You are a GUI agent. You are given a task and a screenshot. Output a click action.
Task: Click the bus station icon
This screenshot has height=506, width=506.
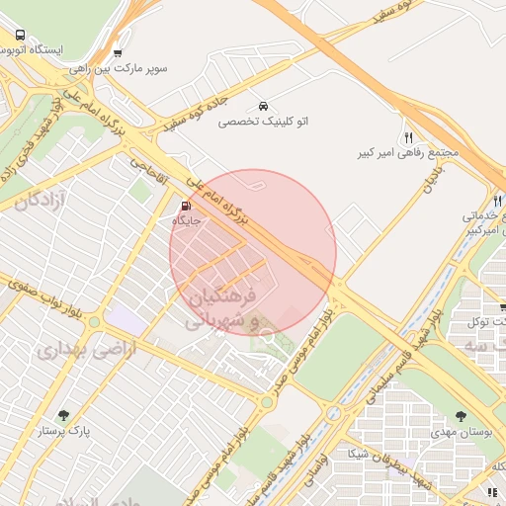tap(21, 36)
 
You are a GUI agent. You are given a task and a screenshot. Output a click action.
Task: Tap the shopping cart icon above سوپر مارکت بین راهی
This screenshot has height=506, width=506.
tap(119, 53)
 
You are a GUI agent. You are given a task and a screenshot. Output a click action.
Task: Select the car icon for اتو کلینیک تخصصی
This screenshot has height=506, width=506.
tap(263, 105)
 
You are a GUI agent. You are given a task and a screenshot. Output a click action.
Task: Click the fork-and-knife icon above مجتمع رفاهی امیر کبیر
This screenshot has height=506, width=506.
tap(408, 137)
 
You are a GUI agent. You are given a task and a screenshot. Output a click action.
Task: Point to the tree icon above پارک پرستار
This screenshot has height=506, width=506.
tap(64, 415)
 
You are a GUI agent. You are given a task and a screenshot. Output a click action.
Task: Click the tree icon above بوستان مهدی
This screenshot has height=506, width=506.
tap(461, 416)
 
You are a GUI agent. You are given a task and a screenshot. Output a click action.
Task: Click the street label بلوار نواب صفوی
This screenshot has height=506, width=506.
tap(44, 299)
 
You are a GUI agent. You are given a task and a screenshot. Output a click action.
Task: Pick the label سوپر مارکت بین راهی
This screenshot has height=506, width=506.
tap(118, 70)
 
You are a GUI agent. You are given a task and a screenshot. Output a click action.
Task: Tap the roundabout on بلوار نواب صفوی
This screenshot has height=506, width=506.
tap(94, 322)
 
